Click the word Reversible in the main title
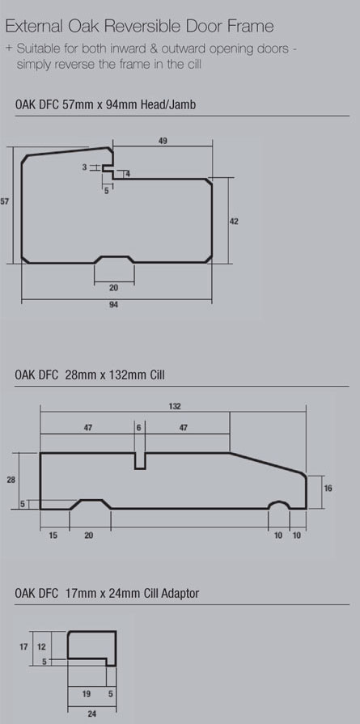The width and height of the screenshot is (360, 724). (x=143, y=26)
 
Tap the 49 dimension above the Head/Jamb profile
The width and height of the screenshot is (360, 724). (x=163, y=142)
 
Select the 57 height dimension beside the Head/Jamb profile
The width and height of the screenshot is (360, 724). (x=5, y=201)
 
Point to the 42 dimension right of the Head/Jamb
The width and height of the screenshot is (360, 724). (x=234, y=222)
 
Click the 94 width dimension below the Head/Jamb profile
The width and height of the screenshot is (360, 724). (x=114, y=305)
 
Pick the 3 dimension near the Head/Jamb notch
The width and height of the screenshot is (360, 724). (x=84, y=167)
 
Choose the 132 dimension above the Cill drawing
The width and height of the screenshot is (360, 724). (x=175, y=406)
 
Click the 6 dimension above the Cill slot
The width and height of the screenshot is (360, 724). (x=139, y=428)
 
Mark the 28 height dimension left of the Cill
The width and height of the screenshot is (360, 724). (x=11, y=481)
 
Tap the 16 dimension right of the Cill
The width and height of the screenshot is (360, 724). (x=328, y=488)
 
